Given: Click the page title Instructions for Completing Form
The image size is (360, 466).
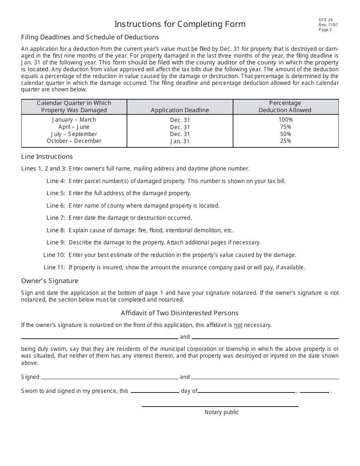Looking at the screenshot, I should coord(180,24).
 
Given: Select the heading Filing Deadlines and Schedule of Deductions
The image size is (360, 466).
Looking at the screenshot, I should coord(90,37).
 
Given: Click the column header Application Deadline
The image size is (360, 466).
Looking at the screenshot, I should coord(180,110).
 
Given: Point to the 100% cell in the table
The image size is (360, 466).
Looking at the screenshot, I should coord(285,120).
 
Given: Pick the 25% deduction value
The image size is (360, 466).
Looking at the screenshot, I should coord(285,141).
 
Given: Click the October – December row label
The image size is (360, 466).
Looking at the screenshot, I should coord(74,141).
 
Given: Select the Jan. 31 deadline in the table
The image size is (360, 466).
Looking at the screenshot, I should coord(180,141).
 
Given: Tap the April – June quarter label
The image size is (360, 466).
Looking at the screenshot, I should coord(74,127).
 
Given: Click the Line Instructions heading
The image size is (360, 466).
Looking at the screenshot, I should coord(47,156).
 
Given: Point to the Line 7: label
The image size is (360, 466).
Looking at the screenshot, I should coord(56,218).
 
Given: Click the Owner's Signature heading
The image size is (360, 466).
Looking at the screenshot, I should coord(50,281).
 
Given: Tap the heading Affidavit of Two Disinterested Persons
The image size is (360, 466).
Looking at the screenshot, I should coord(180,313).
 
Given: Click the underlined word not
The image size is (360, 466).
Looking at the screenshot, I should coord(238,325).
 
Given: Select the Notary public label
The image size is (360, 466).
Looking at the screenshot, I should coord(222,412).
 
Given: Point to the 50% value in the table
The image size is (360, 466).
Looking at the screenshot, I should coord(285,134).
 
